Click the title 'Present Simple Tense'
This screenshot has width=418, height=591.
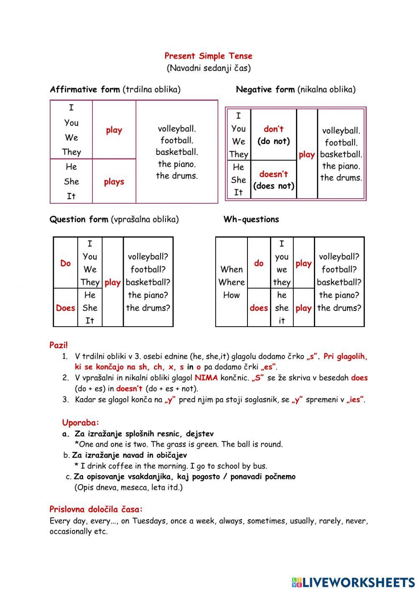click(x=208, y=56)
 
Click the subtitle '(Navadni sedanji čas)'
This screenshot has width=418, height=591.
click(x=209, y=68)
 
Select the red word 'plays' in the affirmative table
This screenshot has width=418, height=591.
click(x=114, y=182)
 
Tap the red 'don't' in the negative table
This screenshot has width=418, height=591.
click(x=273, y=129)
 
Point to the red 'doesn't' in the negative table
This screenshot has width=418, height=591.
click(x=273, y=174)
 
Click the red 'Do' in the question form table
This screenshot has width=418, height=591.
click(x=66, y=263)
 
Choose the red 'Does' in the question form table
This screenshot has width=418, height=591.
click(x=66, y=308)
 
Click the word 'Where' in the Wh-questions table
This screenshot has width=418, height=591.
click(x=231, y=282)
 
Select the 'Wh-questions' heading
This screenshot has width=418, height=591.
click(x=251, y=219)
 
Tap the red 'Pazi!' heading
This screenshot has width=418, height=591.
click(x=59, y=345)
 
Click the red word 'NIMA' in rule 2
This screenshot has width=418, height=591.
click(x=206, y=378)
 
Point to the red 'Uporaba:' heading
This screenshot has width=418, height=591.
click(x=81, y=422)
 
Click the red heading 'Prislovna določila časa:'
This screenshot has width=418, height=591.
click(x=96, y=509)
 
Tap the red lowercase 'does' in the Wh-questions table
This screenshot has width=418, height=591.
click(x=259, y=308)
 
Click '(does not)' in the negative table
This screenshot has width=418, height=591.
click(x=273, y=186)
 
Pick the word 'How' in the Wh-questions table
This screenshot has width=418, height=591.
click(x=231, y=295)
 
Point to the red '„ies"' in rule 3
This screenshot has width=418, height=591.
click(x=355, y=399)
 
